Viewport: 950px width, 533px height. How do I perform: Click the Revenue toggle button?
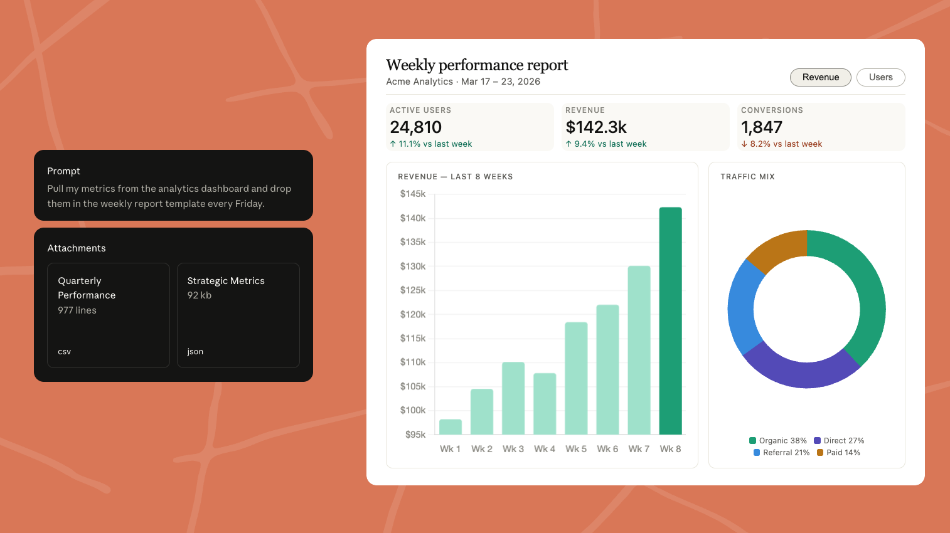point(820,77)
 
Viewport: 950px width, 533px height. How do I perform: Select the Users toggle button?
point(880,77)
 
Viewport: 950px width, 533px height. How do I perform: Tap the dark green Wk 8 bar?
point(670,320)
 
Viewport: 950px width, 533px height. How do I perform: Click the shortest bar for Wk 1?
point(451,426)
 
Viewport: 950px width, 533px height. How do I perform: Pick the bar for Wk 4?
point(545,403)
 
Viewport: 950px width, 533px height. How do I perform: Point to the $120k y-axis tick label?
point(413,314)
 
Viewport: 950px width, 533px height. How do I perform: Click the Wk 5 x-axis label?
point(576,449)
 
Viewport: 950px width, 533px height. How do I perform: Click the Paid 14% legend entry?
point(838,453)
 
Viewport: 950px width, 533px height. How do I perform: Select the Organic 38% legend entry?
point(778,441)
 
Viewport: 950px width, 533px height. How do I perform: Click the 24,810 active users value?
point(415,127)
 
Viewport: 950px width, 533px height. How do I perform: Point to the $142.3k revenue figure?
point(596,127)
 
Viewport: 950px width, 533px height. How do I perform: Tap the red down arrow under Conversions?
point(744,144)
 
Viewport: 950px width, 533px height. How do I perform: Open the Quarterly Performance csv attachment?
point(109,315)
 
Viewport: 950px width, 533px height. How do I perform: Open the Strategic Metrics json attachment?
point(238,315)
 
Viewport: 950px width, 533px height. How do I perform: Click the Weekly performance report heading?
point(477,65)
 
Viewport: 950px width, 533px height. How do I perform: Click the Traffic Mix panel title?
point(748,177)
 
